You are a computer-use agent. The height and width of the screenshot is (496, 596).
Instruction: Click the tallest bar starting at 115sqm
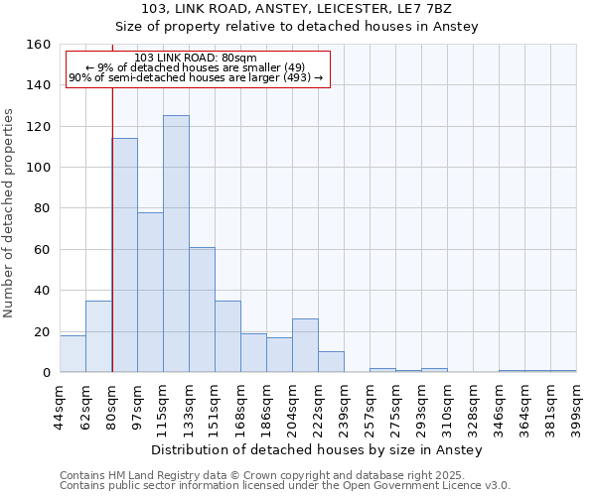[x=176, y=244]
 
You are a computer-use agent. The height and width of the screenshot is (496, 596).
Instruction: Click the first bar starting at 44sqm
[x=73, y=354]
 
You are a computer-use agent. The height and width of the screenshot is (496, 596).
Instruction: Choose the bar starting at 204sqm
[x=305, y=345]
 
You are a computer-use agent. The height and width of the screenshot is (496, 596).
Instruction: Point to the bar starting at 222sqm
[x=331, y=362]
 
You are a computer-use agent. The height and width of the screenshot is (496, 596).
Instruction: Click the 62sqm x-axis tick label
[x=86, y=405]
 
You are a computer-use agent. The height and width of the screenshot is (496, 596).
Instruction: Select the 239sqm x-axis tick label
[x=345, y=405]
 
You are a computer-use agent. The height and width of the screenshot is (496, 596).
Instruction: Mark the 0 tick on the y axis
[x=47, y=373]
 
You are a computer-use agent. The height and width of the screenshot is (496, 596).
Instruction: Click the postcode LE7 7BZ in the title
[x=429, y=9]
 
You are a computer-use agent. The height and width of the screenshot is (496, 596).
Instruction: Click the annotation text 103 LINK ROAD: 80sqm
[x=195, y=58]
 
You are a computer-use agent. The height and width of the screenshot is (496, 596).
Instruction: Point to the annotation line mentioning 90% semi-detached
[x=196, y=77]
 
